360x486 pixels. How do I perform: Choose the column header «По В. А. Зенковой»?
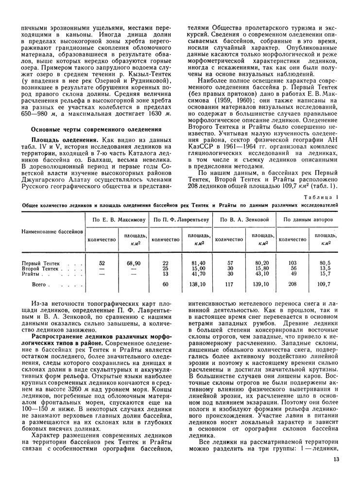tap(245, 207)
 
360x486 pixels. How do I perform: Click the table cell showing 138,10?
tap(196, 283)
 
